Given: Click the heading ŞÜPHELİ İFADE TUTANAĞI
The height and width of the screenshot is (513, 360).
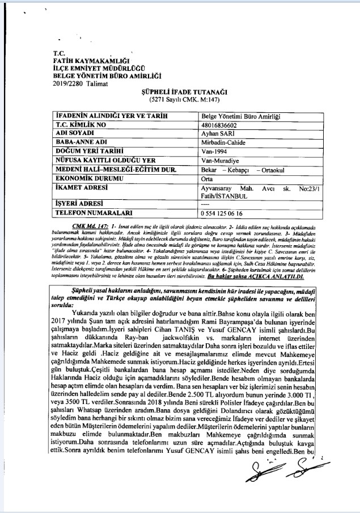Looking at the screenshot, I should pyautogui.click(x=177, y=91).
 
